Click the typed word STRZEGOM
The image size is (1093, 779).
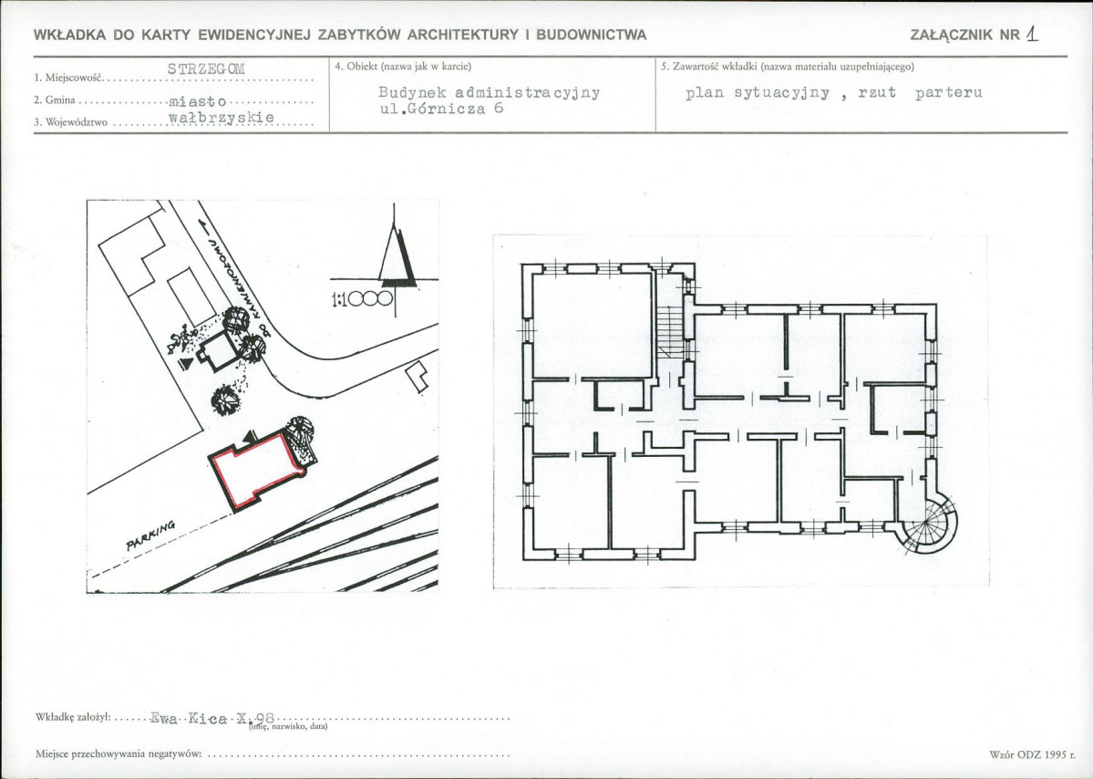click(x=206, y=68)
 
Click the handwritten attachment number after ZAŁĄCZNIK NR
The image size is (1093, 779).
click(x=1032, y=34)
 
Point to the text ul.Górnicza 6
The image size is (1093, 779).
click(x=441, y=109)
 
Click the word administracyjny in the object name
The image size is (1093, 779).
click(x=527, y=93)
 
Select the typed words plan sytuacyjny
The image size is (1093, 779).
click(x=758, y=93)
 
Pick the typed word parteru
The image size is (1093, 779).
click(x=949, y=93)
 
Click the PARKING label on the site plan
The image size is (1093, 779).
click(x=150, y=535)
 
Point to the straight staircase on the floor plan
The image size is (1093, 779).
click(x=671, y=333)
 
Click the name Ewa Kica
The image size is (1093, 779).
click(x=188, y=718)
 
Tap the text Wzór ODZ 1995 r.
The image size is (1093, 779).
click(x=1032, y=753)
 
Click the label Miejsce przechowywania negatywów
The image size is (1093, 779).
click(x=119, y=753)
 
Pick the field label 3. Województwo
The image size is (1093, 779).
click(x=71, y=123)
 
